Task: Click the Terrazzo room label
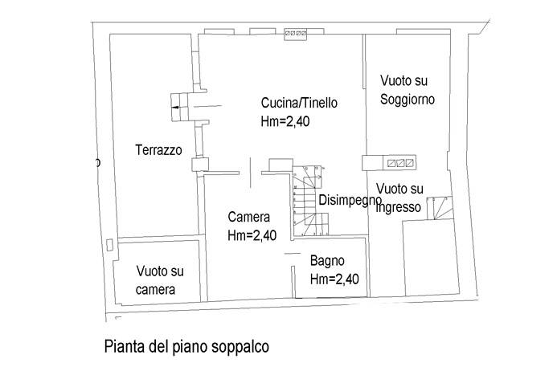pos(158,149)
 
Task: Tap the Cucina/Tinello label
pos(299,104)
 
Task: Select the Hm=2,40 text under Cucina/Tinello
pos(285,122)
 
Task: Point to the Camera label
pos(248,217)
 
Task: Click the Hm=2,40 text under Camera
pos(252,235)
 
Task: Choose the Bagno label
pos(328,261)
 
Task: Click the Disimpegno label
pos(349,201)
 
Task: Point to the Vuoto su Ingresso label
pos(399,198)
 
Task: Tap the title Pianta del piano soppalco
pos(186,348)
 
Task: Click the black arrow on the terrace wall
pos(176,104)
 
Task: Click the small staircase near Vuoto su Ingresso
pos(440,210)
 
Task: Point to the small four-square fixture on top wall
pos(295,35)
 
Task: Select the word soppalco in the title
pos(238,348)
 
